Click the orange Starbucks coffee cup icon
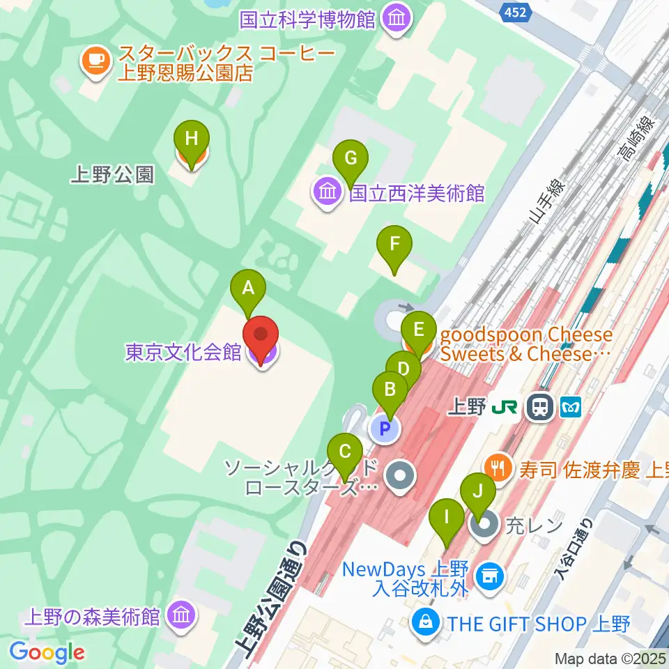pyautogui.click(x=94, y=62)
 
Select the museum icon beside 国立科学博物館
pyautogui.click(x=397, y=19)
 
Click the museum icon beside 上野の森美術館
pyautogui.click(x=182, y=616)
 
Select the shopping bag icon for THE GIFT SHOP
pyautogui.click(x=425, y=622)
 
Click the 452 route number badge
pyautogui.click(x=515, y=11)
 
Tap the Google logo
pyautogui.click(x=47, y=652)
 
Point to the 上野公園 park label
pyautogui.click(x=111, y=174)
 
